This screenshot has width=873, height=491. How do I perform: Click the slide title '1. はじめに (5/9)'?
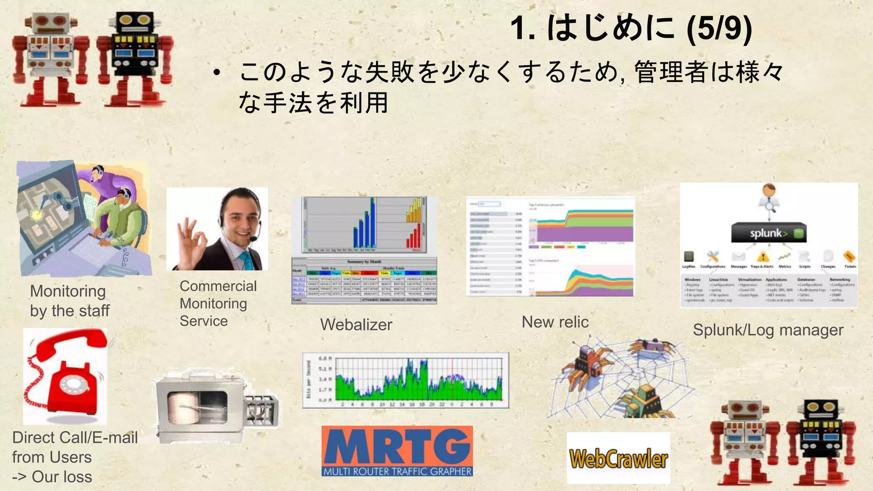631,28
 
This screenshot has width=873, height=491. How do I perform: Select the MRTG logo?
397,451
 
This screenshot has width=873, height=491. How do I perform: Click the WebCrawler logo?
618,459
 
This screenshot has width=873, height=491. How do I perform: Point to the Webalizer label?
356,325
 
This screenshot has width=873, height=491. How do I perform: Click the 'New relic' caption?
555,322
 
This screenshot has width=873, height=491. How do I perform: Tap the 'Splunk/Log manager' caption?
768,330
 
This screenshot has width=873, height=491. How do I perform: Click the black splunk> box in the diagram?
769,233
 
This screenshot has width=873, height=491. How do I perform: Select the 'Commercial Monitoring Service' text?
217,303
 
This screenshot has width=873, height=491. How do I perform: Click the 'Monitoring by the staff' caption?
69,301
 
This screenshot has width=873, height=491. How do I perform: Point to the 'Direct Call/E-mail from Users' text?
75,447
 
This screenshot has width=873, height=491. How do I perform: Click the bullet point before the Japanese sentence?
217,73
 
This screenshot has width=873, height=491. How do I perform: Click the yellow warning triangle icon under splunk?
763,257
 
